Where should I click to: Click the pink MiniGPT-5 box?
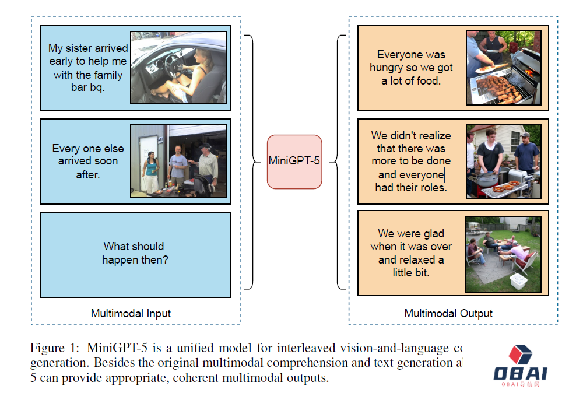[x=294, y=162]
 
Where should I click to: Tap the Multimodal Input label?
[x=131, y=314]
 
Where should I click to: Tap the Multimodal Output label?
[x=448, y=314]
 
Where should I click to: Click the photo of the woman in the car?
[x=178, y=68]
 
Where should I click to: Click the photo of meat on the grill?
[x=504, y=68]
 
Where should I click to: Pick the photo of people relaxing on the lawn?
[x=504, y=254]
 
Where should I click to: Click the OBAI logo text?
[x=521, y=373]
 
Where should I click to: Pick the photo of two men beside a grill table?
[x=504, y=162]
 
